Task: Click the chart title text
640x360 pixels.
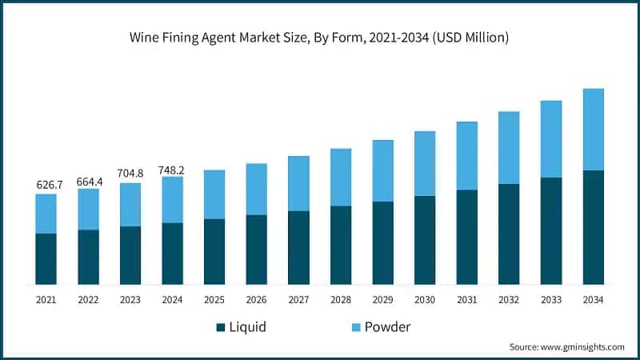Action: pos(319,37)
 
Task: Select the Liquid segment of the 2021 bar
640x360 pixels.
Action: pos(46,258)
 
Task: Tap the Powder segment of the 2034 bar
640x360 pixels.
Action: pos(593,130)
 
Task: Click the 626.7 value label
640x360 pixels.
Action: pos(46,185)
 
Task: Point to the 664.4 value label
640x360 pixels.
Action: pos(88,180)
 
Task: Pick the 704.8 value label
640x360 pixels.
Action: pos(130,174)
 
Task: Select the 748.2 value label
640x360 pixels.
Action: pos(172,168)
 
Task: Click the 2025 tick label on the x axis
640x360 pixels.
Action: pos(214,299)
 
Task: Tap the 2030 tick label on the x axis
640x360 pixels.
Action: pos(425,299)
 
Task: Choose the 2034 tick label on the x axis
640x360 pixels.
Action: pos(593,299)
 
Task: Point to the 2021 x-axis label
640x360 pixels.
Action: pos(46,299)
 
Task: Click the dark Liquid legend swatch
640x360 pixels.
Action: pos(221,327)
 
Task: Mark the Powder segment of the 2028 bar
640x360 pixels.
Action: pos(341,177)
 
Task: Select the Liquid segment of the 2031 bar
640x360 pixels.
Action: pos(466,237)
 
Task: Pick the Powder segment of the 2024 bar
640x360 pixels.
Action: pos(172,199)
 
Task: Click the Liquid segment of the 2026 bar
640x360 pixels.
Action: pos(256,250)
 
